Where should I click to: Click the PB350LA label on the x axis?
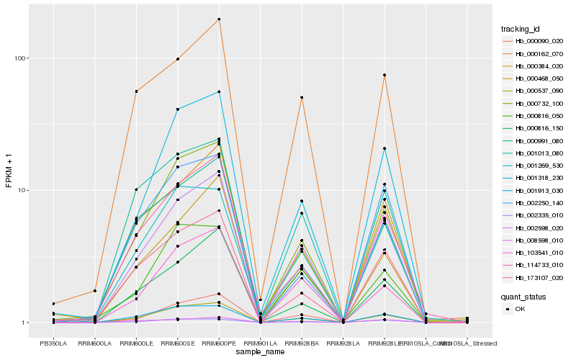coord(53,343)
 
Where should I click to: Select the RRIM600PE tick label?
coord(219,343)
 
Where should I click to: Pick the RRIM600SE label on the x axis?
coord(177,343)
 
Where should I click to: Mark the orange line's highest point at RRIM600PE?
coord(219,19)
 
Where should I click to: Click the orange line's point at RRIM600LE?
coord(136,91)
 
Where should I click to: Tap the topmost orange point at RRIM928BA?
coord(302,97)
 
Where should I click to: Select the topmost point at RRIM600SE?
coord(177,59)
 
